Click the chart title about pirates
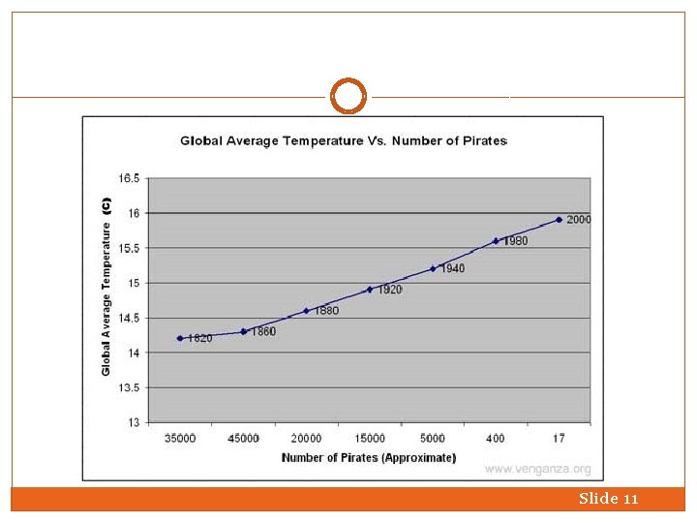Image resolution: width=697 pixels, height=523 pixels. [344, 141]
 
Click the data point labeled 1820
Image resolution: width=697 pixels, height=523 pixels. [180, 338]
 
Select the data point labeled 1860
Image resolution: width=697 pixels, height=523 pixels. [243, 331]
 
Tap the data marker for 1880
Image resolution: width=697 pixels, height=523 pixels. [306, 311]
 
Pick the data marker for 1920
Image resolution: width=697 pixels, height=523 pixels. [369, 290]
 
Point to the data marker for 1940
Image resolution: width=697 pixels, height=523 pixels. [433, 268]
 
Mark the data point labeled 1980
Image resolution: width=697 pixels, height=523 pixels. [496, 241]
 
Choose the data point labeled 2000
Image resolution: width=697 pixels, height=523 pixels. [559, 220]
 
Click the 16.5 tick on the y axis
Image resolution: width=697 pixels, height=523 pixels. [128, 178]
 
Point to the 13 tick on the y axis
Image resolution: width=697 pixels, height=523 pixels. [133, 422]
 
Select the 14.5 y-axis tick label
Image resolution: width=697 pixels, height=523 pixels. [128, 318]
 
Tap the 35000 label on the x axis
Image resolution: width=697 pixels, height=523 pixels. [180, 439]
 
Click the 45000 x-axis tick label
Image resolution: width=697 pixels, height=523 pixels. [243, 439]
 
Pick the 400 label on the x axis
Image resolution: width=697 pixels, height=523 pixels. [496, 439]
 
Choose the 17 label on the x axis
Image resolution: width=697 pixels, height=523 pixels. [559, 439]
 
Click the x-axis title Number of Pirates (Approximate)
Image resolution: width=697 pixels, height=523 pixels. [369, 457]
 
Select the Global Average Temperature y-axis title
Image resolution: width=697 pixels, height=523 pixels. [106, 288]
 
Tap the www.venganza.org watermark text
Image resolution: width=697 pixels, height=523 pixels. [537, 470]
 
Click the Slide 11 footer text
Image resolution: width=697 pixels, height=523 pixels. [608, 499]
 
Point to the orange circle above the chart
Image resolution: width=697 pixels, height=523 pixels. [348, 97]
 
